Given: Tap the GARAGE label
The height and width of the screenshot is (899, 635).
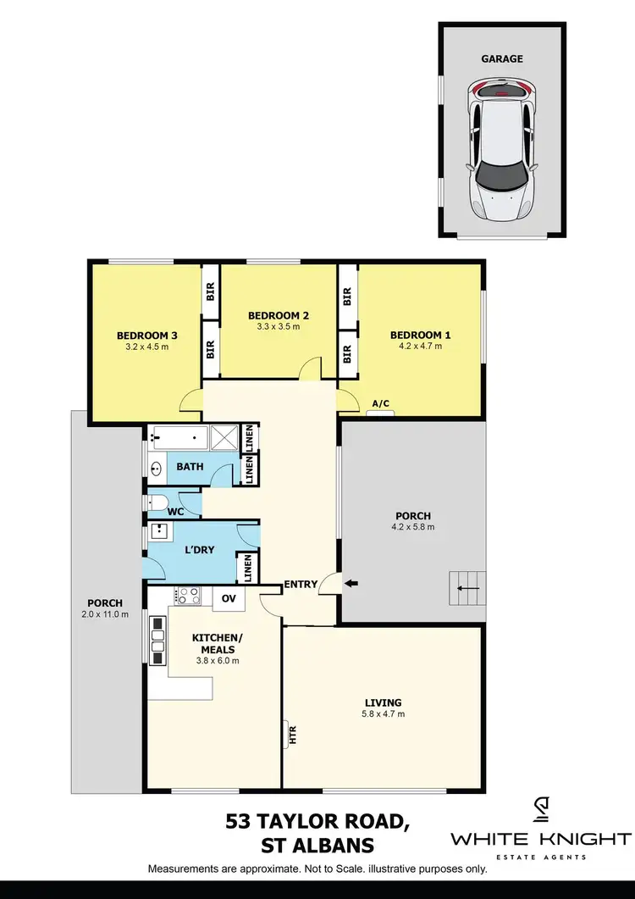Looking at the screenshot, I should coord(502,59).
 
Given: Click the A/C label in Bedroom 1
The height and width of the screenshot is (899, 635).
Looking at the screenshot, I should coord(381,404).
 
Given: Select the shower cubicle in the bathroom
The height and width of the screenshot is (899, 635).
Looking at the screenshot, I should coord(224,437).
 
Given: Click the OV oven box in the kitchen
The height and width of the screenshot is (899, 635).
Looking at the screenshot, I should coord(228,597).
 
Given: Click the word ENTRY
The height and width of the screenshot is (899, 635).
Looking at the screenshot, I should coord(301,584).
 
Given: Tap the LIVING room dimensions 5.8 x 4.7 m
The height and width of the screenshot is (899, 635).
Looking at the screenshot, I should coord(384,713).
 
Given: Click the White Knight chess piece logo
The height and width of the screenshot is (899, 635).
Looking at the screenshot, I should coord(540,812).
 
